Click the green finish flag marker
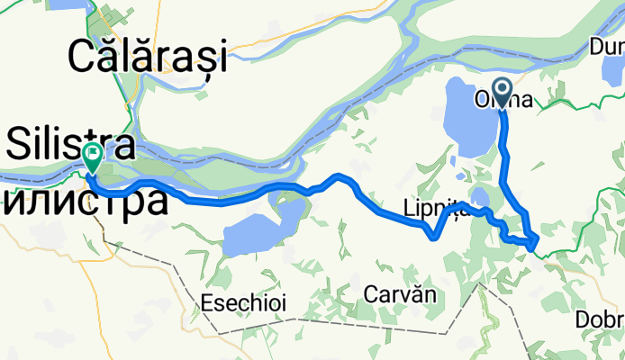pos(93,156)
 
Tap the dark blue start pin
pos(501,92)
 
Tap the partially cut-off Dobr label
pos(601,320)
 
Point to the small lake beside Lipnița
pos(479,198)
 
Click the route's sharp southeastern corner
pos(535,241)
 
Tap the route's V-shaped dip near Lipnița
pos(435,238)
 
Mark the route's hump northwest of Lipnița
pos(339,176)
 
